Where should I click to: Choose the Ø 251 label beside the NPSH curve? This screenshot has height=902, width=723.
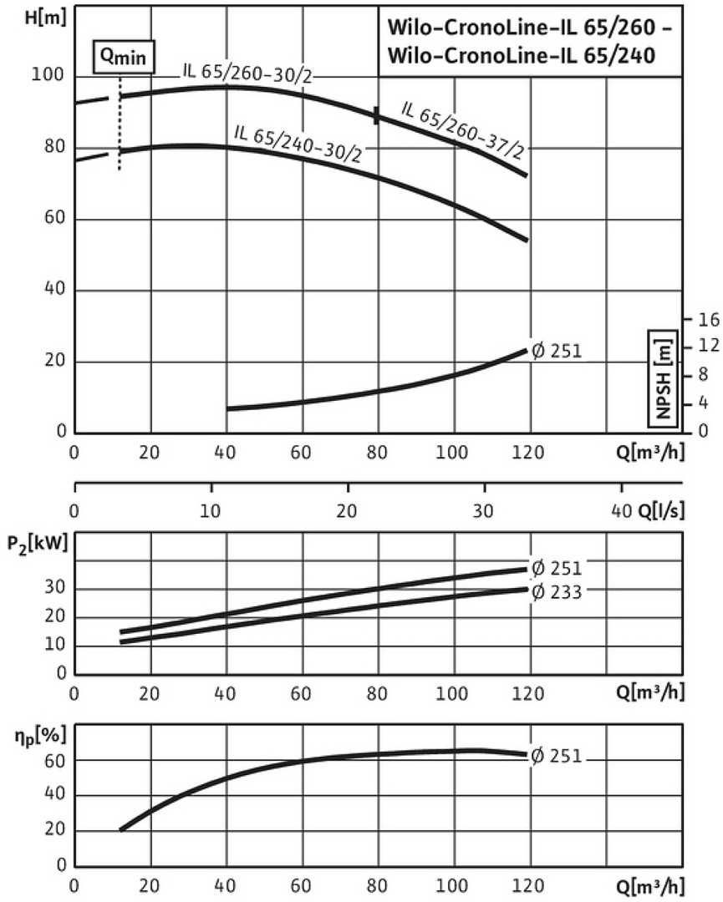tap(556, 351)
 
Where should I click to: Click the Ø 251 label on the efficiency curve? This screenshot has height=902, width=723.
tap(556, 758)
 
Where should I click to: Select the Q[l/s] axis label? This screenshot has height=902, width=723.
tap(660, 511)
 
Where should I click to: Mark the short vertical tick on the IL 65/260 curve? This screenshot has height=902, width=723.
tap(377, 116)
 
